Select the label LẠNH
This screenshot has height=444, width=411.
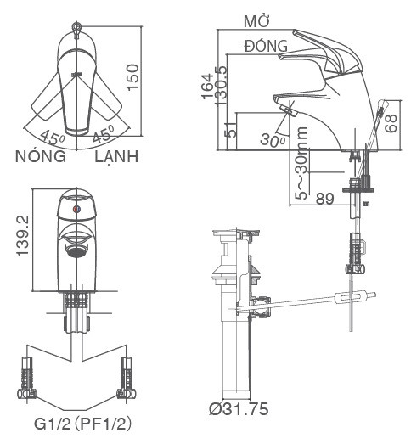[x=117, y=158]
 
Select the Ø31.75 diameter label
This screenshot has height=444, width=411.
[x=239, y=410]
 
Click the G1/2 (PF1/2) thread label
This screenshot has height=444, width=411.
[x=82, y=422]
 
